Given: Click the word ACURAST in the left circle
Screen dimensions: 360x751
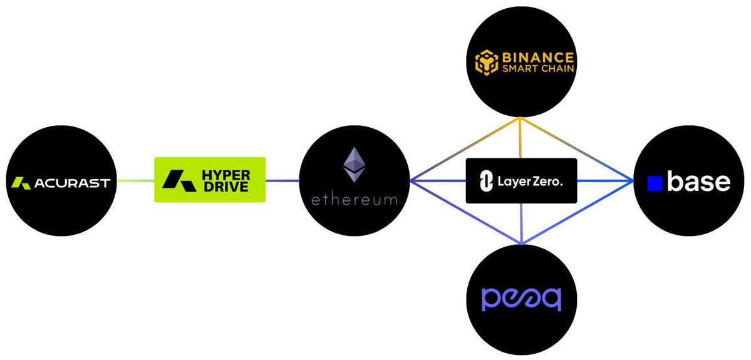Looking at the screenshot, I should pos(72,183).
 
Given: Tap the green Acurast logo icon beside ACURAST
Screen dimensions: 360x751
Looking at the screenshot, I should pos(22,183).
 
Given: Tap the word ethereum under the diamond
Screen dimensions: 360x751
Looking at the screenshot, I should pos(354,200).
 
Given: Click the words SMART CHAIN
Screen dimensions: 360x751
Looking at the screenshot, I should pos(538,69).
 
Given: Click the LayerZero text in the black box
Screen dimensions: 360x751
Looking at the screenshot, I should pos(530,182).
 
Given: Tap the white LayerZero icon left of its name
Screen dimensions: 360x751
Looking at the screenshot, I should pos(485,182).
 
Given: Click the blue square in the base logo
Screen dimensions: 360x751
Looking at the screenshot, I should pos(655,183).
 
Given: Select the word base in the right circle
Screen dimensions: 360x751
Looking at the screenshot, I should pos(698,182).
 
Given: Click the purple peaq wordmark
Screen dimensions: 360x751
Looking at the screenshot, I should pos(521,299).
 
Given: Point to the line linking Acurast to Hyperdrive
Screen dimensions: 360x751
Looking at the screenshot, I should pos(136,181).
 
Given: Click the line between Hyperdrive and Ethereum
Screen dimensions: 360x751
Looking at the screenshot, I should pos(282,181).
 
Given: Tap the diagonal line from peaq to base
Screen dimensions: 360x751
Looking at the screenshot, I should pos(577,212).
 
